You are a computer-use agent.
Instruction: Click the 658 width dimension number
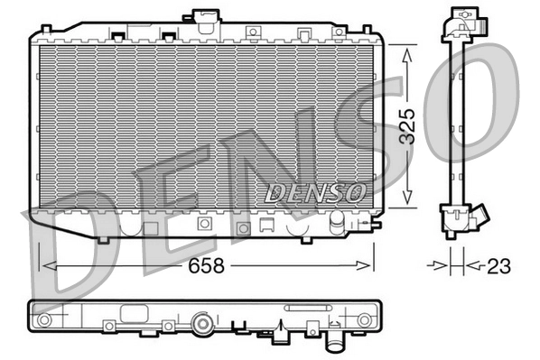(x=206, y=266)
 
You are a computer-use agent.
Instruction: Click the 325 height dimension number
(x=408, y=127)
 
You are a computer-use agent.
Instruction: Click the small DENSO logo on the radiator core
(x=314, y=192)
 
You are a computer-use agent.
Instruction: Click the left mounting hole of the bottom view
(x=42, y=320)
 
